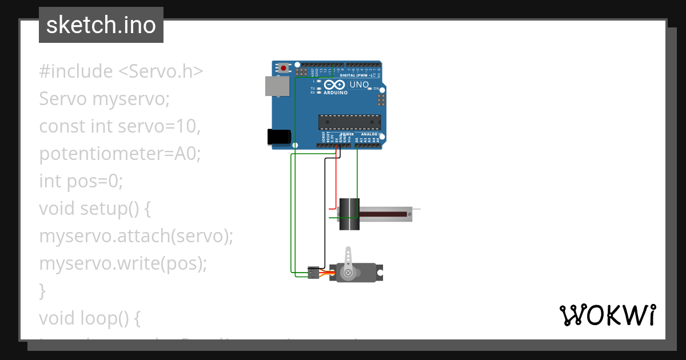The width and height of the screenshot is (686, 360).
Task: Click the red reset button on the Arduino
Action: [x=284, y=69]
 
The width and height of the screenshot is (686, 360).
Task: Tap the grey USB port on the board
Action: [x=277, y=86]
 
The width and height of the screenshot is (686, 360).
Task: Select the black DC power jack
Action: [x=279, y=137]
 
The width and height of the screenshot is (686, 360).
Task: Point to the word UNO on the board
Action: [x=359, y=85]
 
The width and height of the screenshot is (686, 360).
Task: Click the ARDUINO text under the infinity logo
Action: [x=336, y=93]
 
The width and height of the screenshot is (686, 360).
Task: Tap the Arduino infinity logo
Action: [x=333, y=85]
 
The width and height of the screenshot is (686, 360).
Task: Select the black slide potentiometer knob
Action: [x=349, y=214]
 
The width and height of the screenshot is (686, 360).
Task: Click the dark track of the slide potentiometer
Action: [x=383, y=214]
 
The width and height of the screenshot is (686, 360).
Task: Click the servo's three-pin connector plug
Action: [x=313, y=273]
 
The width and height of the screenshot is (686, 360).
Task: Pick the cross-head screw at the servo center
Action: [x=348, y=273]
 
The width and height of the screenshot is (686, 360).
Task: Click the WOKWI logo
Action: [x=607, y=315]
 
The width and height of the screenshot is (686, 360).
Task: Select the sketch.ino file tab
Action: [x=101, y=25]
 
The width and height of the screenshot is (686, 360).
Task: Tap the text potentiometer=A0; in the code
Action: [x=120, y=154]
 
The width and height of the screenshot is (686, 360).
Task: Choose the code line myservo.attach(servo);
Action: [x=136, y=236]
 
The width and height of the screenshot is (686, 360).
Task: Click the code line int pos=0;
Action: [x=81, y=181]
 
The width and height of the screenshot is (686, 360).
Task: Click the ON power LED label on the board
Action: [x=376, y=89]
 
